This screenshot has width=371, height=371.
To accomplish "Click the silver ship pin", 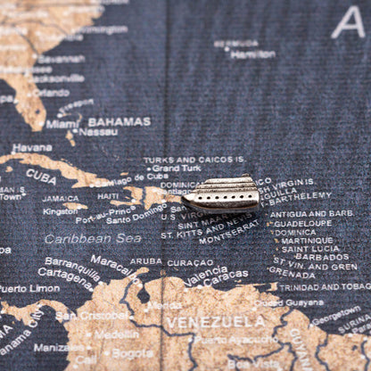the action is (222, 194).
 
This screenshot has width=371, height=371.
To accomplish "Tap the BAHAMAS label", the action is (119, 121).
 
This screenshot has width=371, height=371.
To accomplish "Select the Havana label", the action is (32, 147).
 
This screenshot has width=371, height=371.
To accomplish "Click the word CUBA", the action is (40, 176).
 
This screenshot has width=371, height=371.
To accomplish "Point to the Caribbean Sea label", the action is (93, 239).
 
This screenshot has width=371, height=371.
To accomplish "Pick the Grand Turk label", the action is (177, 168).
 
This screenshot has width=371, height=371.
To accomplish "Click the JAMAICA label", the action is (61, 199).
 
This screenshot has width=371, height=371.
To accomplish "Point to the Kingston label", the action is (61, 211).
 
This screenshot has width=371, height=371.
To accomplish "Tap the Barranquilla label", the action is (72, 263).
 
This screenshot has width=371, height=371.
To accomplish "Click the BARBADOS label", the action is (322, 257).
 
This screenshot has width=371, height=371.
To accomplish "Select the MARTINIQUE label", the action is (308, 240).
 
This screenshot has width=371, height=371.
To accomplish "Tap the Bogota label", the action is (133, 353).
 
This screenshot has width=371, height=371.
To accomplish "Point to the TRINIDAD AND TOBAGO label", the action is (324, 287).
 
